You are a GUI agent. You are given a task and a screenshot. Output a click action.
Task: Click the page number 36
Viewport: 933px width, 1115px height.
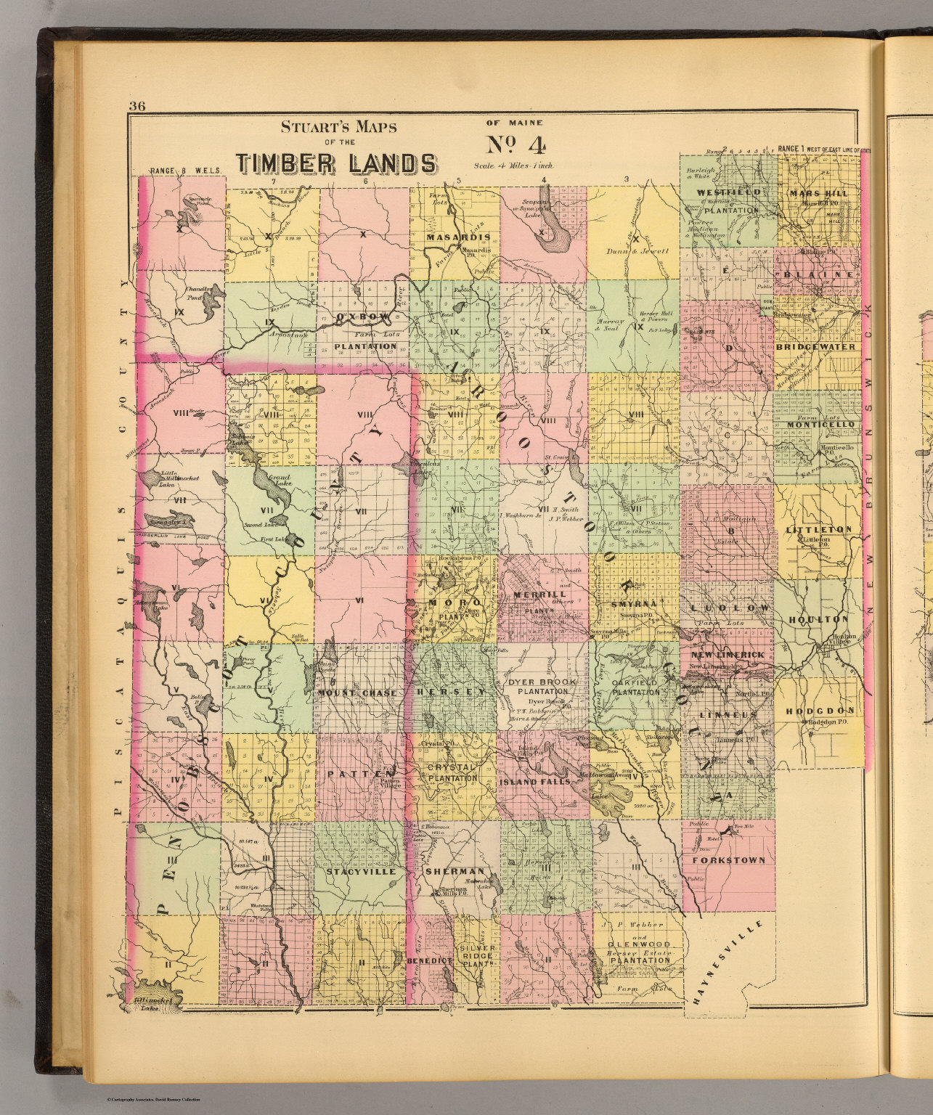[x=137, y=107]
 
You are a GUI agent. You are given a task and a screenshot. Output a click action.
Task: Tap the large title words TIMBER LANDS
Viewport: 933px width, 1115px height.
[x=337, y=164]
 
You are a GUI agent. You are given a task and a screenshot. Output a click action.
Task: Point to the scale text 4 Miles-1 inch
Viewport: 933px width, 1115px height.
[x=513, y=166]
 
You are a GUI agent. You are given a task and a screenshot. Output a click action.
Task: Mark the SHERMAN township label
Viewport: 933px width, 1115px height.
[x=455, y=871]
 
